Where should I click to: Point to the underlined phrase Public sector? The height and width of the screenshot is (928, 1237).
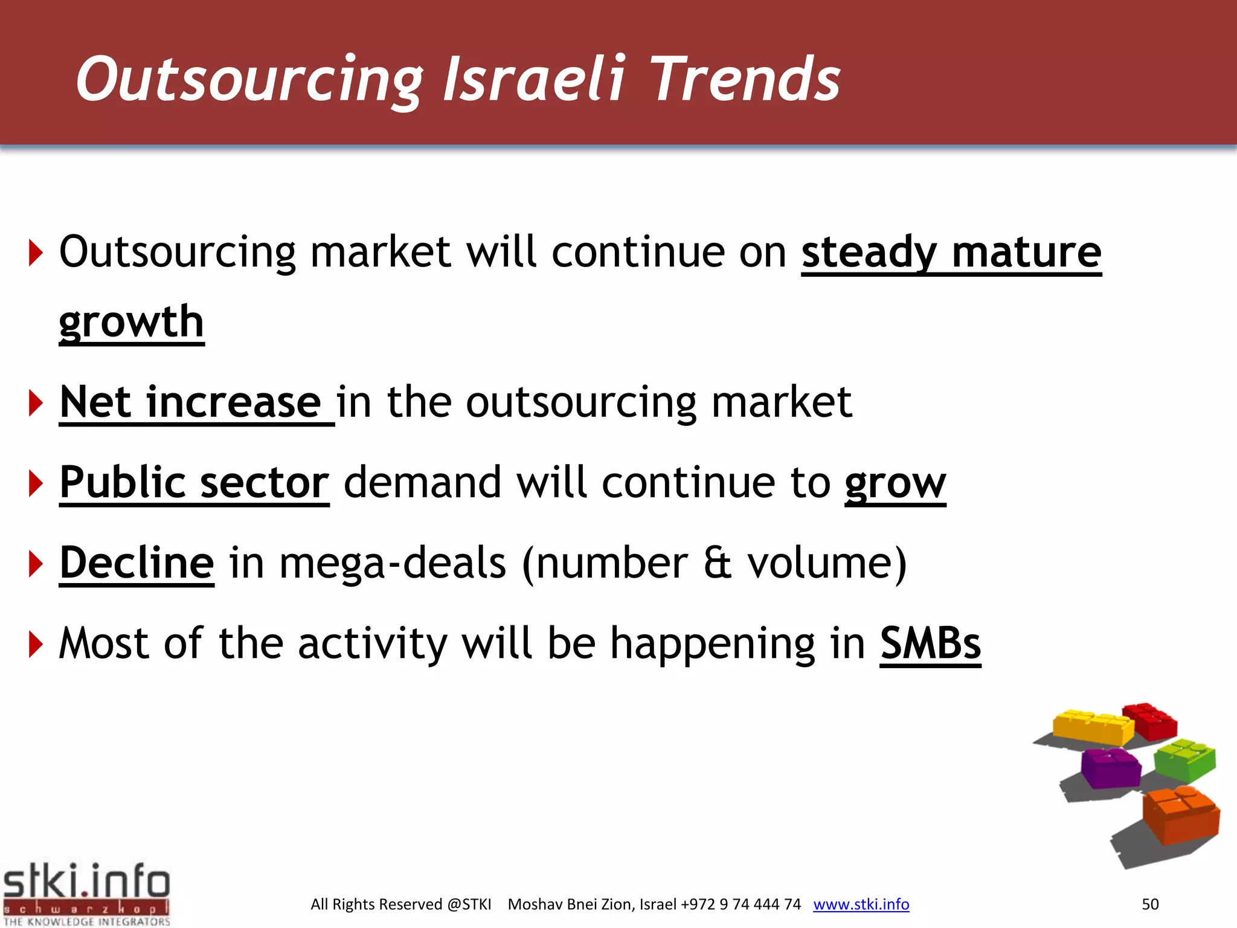(x=194, y=483)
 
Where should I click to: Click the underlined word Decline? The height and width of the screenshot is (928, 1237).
(x=137, y=563)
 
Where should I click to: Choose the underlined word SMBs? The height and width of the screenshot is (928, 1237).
(x=930, y=643)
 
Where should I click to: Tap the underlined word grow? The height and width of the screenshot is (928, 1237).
(x=895, y=483)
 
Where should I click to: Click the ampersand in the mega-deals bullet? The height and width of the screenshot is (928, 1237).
(x=718, y=563)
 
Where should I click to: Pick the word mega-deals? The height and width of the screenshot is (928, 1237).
(x=393, y=563)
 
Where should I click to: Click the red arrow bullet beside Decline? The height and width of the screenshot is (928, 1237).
(x=36, y=564)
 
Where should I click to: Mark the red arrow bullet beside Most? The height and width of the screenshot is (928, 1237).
(x=36, y=644)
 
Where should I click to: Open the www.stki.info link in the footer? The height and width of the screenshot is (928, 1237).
(x=861, y=904)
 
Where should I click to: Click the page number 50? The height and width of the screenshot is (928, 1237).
(x=1150, y=904)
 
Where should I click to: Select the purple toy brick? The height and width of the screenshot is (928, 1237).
(x=1110, y=767)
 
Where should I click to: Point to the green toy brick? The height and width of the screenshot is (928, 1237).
(x=1185, y=760)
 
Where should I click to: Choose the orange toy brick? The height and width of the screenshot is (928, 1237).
(x=1181, y=816)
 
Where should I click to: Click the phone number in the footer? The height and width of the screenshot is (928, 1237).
(x=741, y=904)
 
